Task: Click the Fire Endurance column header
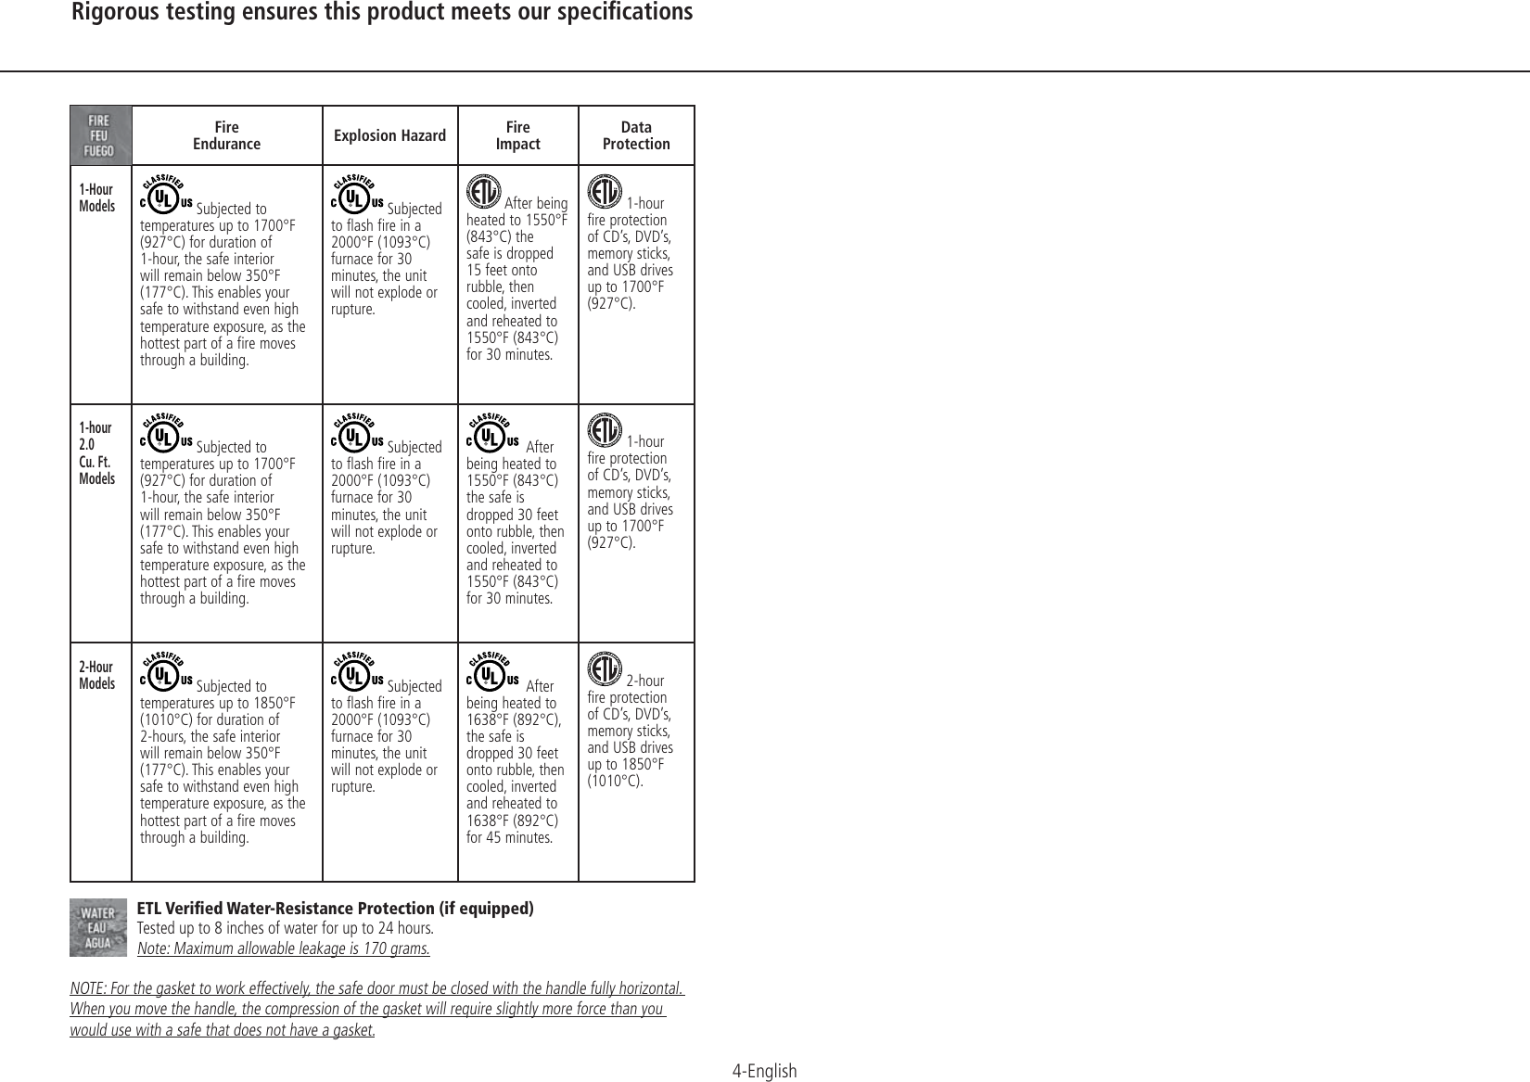coord(226,135)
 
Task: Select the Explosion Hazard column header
coord(389,136)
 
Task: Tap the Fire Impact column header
coord(517,135)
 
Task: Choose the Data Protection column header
coord(636,135)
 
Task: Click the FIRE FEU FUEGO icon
coord(100,135)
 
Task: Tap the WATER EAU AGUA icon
coord(98,926)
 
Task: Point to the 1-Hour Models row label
coord(97,197)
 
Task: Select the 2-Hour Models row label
coord(97,675)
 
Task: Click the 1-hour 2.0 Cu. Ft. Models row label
coord(97,452)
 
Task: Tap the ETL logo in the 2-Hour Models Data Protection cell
coord(605,669)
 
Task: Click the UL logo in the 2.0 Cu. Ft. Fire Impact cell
coord(492,434)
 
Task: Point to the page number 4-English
coord(764,1072)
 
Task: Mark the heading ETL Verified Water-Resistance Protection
coord(335,908)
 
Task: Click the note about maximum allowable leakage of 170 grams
coord(283,948)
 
